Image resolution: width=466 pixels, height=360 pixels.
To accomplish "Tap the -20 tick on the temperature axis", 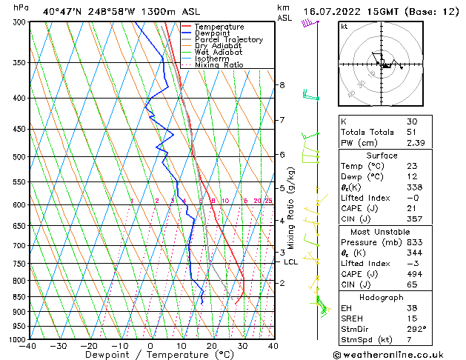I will click(x=89, y=345).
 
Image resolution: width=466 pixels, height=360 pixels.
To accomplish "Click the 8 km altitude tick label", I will click(x=282, y=85).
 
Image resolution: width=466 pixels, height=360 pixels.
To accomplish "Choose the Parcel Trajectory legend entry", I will click(x=228, y=40).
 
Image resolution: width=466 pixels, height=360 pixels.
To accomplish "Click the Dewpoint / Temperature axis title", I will click(x=150, y=355).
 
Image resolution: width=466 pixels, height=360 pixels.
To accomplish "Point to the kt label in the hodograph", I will click(x=344, y=26).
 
